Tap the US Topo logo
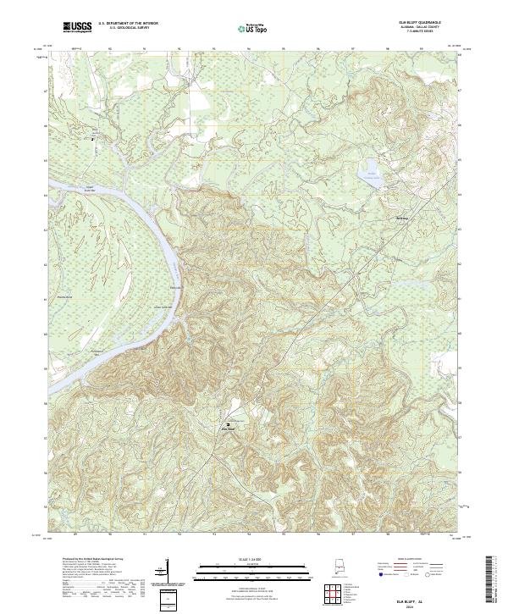pos(255,27)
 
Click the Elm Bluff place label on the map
pos(227,429)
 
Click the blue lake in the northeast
pos(370,174)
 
